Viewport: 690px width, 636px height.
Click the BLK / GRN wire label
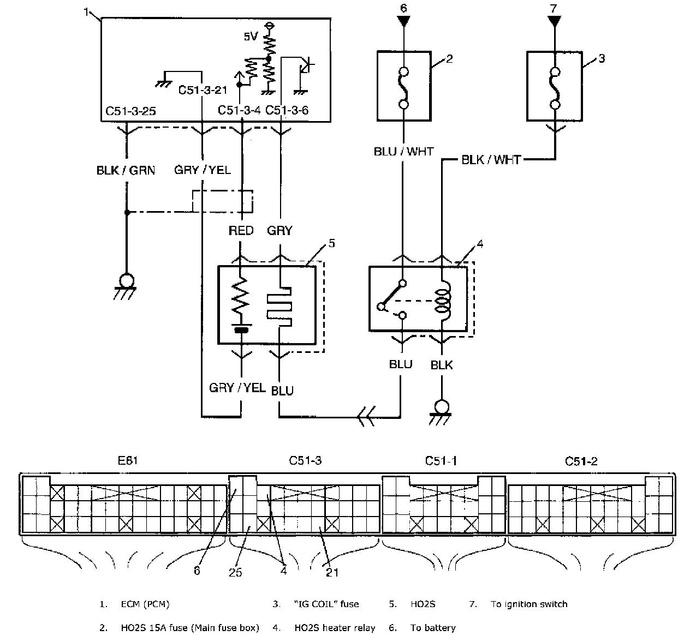pos(126,170)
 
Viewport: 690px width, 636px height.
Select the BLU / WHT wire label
pos(403,151)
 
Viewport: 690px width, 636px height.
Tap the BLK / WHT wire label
pos(491,160)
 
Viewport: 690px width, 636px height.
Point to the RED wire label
pos(241,231)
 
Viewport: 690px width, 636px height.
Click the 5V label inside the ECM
pos(251,37)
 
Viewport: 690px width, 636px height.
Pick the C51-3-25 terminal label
pos(130,111)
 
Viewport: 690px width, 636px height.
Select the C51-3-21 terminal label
pos(203,90)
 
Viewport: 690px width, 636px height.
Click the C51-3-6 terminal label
pos(287,110)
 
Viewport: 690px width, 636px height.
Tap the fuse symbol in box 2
pos(404,88)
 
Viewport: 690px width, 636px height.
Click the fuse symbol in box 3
pos(555,88)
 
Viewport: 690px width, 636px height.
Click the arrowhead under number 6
pos(403,21)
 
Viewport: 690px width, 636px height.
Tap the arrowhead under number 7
pos(554,21)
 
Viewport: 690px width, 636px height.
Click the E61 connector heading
pos(128,460)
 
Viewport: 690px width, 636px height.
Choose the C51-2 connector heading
pos(581,461)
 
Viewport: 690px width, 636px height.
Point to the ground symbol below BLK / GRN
pos(126,286)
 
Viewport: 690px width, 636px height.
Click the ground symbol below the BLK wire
pos(441,413)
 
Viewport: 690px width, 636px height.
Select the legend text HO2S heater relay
pos(335,628)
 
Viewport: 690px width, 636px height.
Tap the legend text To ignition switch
pos(529,604)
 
